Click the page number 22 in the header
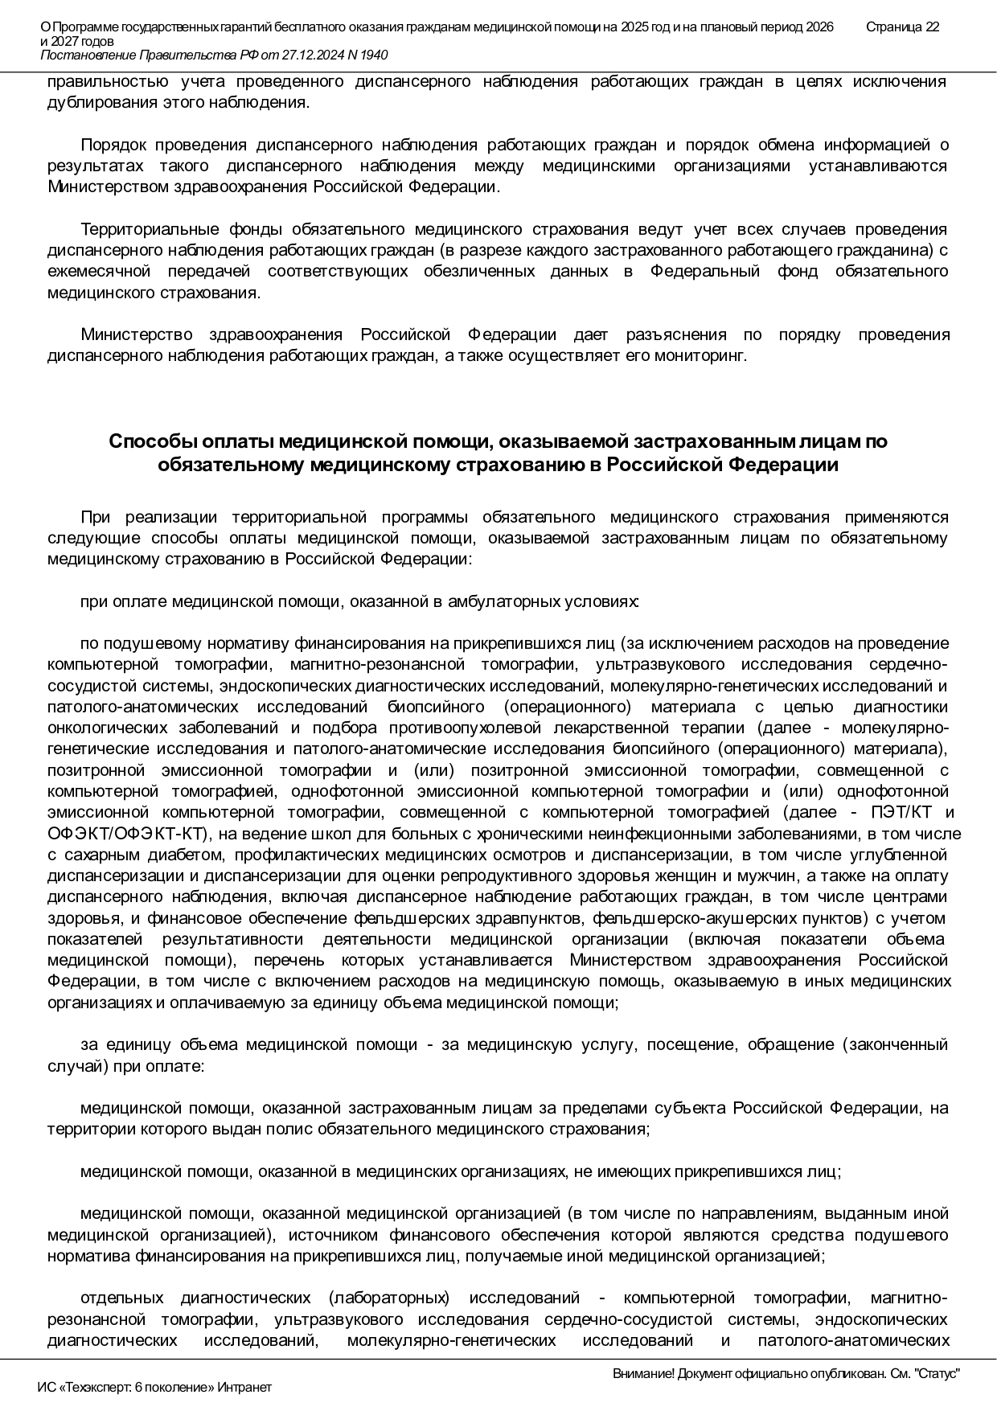point(932,27)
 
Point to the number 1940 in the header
point(373,55)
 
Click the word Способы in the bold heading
point(150,442)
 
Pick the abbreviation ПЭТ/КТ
point(885,812)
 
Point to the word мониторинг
point(709,355)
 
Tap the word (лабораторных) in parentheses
point(388,1298)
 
